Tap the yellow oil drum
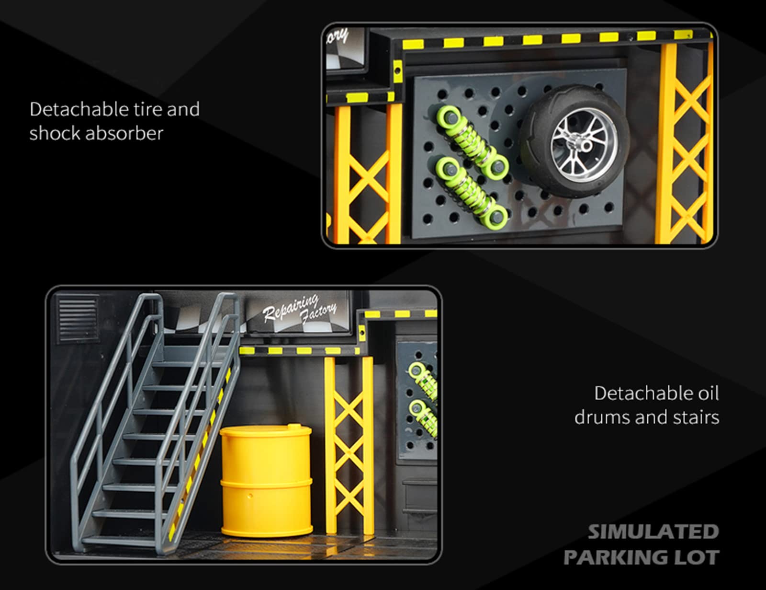(x=266, y=481)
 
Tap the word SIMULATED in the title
(x=653, y=532)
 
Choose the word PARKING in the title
(x=617, y=557)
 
